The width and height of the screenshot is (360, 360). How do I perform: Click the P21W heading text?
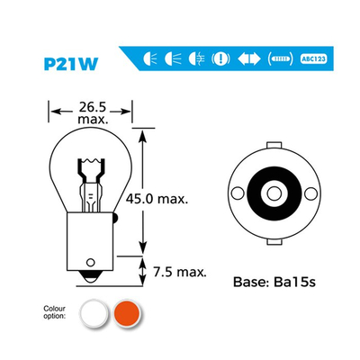pos(71,64)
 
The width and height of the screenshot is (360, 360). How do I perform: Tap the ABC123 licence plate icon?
pos(313,58)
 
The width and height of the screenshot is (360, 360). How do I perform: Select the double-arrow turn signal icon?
pos(249,58)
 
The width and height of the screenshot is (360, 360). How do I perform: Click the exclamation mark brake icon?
pos(220,58)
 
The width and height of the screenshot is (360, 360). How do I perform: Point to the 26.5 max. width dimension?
pos(92,112)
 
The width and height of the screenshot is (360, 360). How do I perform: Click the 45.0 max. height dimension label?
pos(157,199)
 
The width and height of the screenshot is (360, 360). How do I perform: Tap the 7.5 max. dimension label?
pos(180,272)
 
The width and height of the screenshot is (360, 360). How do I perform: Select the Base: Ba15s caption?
pos(274,282)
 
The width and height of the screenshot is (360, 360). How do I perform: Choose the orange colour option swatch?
pos(127,314)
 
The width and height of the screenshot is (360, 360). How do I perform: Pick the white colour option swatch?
pos(94,314)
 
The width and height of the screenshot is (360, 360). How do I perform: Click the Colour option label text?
pos(54,312)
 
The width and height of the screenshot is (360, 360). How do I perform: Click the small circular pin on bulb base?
pos(90,262)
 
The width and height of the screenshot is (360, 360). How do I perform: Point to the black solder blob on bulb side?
pos(114,218)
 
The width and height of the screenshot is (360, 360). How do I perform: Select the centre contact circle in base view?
pos(274,193)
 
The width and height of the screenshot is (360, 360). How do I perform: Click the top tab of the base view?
pos(274,145)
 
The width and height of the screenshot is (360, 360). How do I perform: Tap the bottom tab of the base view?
pos(274,242)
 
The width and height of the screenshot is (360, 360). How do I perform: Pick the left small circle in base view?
pos(238,193)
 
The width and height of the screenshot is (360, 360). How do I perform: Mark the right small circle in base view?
pos(310,193)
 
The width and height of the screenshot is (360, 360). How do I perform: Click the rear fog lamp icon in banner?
pos(197,58)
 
